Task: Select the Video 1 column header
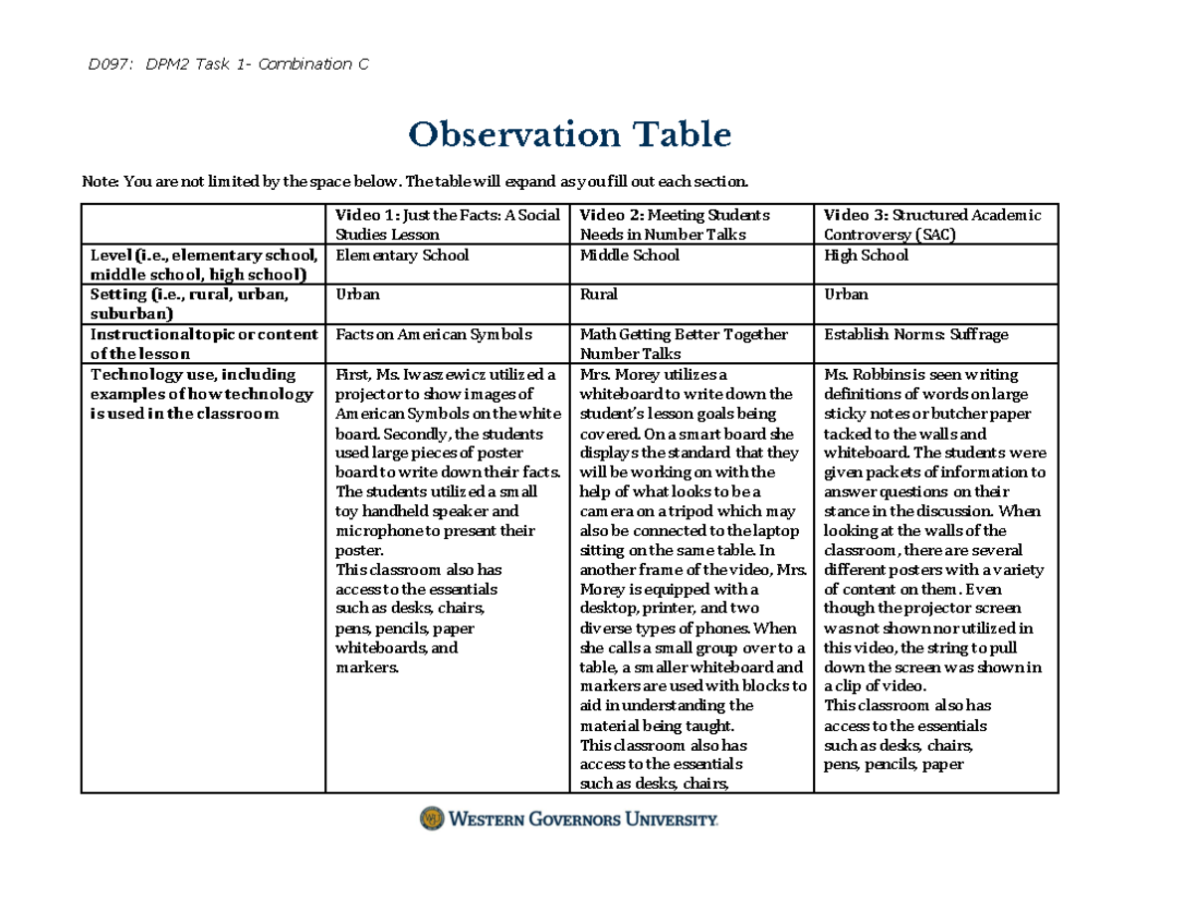coord(447,224)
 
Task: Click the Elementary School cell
coord(402,256)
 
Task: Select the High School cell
coord(866,256)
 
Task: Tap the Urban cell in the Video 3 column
coord(846,294)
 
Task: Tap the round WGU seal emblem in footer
coord(431,819)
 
